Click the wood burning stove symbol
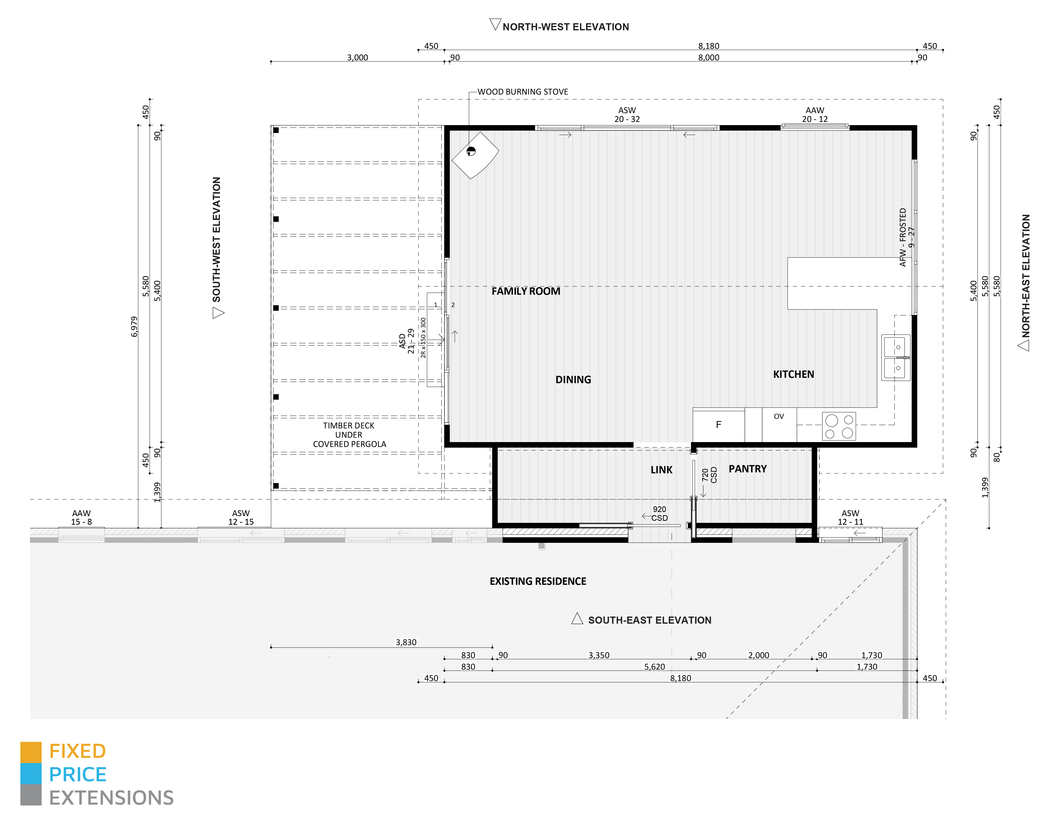tap(474, 155)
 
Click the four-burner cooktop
tap(839, 426)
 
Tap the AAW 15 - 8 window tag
tap(81, 517)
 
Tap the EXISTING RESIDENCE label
tap(538, 581)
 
